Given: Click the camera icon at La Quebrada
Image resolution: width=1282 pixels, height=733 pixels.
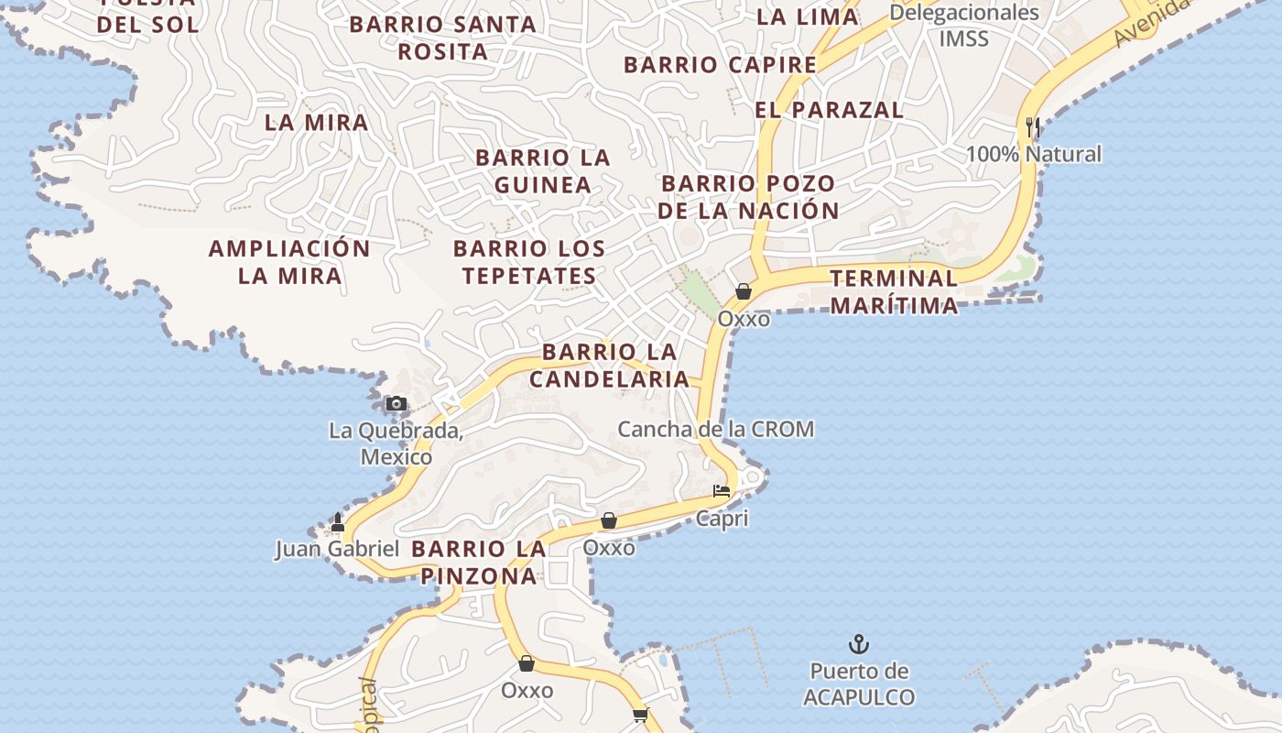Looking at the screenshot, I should pyautogui.click(x=396, y=403).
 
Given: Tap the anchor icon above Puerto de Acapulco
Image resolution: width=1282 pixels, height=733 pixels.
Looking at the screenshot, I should pyautogui.click(x=858, y=644).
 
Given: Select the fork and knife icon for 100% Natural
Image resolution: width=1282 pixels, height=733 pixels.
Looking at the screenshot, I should pyautogui.click(x=1033, y=127).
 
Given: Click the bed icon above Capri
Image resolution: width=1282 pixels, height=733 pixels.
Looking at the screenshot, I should pyautogui.click(x=722, y=491).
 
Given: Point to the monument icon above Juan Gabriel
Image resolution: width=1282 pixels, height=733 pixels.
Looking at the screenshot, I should pyautogui.click(x=338, y=523).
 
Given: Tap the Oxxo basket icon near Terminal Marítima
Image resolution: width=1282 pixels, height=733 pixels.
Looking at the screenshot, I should pyautogui.click(x=744, y=291).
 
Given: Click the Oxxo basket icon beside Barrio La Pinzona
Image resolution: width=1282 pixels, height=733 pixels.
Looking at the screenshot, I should pyautogui.click(x=609, y=520).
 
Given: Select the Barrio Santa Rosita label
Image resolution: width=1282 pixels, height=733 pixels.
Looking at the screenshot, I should pyautogui.click(x=442, y=38).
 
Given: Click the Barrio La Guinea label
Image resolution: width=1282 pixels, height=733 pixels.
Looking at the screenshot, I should pyautogui.click(x=543, y=170).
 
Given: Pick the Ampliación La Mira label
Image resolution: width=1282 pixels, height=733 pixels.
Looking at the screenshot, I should pyautogui.click(x=289, y=261).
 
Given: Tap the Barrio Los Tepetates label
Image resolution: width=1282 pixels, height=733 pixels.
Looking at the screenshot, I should pyautogui.click(x=529, y=261).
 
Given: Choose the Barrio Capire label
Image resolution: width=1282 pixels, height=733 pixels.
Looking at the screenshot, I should pyautogui.click(x=720, y=65).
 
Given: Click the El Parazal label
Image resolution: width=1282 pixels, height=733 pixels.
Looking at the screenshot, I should pyautogui.click(x=829, y=110).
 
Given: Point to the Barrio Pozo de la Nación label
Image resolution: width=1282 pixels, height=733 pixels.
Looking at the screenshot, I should pyautogui.click(x=748, y=197).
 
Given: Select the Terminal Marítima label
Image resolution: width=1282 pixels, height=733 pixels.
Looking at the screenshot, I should pyautogui.click(x=894, y=291).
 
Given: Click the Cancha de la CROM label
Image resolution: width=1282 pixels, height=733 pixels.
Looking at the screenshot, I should pyautogui.click(x=715, y=429).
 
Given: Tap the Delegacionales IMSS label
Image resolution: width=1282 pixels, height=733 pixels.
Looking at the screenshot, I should pyautogui.click(x=964, y=26).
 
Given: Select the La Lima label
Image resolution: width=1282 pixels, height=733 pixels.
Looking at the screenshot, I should pyautogui.click(x=808, y=16).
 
